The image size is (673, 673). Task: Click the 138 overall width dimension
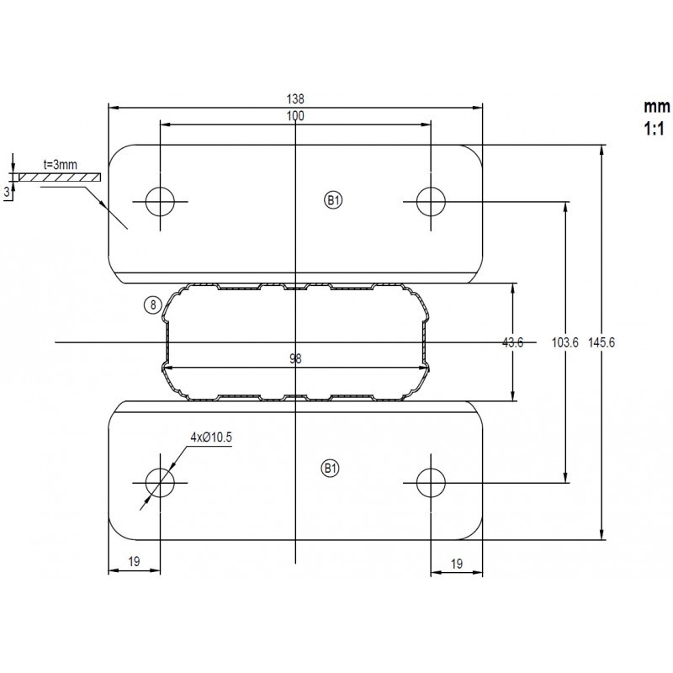coord(295,99)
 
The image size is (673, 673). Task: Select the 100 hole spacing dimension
coord(295,116)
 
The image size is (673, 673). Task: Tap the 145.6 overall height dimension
coord(601,342)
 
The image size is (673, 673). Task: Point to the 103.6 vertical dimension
coord(564,342)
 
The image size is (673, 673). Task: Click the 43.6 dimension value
coord(513,342)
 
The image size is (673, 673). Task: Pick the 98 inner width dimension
coord(295,358)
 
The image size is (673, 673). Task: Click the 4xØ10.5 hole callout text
coord(211,437)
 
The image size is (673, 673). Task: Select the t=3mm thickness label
coord(61,164)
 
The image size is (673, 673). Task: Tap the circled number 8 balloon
coord(153,305)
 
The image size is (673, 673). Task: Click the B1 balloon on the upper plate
coord(333,200)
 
